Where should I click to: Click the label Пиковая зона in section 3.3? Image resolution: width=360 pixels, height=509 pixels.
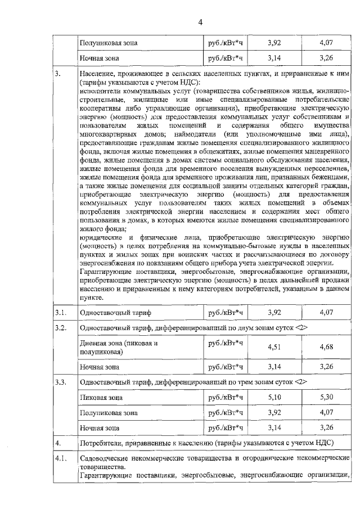[101, 398]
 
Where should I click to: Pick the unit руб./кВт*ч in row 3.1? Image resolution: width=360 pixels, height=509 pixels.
[225, 312]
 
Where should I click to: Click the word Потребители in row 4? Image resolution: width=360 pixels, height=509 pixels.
[103, 443]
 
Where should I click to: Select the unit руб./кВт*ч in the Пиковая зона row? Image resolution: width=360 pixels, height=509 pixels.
[225, 397]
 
